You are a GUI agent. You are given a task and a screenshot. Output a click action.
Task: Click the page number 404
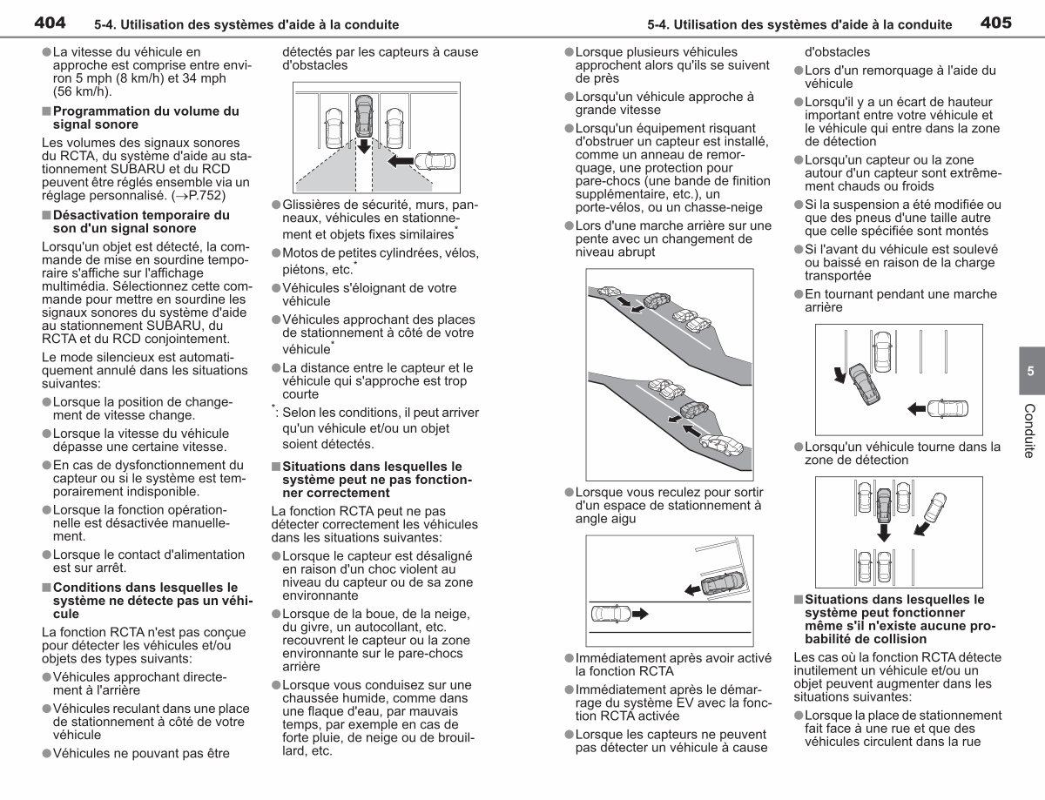[50, 23]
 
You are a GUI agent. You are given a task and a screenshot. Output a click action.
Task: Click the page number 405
[996, 23]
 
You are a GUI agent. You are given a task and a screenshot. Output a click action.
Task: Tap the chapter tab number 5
[1030, 371]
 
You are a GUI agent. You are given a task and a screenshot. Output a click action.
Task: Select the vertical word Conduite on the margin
[1029, 431]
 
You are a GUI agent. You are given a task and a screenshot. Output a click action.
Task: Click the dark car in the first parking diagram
[364, 116]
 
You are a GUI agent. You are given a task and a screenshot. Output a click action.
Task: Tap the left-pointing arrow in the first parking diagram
[401, 161]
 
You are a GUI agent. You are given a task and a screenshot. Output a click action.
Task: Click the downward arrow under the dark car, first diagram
[364, 146]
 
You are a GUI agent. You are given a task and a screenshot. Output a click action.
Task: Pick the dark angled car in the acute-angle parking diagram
[721, 583]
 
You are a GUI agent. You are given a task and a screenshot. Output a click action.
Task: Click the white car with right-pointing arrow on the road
[610, 614]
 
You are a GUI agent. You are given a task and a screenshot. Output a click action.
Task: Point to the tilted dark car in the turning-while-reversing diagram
[864, 384]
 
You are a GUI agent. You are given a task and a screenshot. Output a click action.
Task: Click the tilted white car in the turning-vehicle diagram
[935, 508]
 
